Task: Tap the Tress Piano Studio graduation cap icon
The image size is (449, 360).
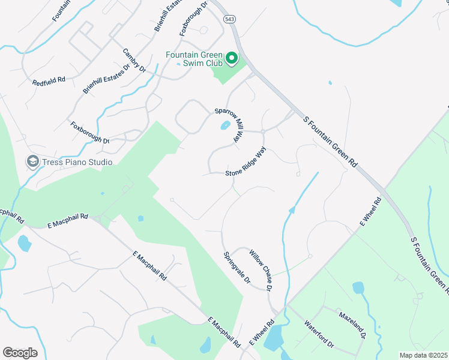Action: pyautogui.click(x=32, y=161)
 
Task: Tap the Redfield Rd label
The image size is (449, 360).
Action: pyautogui.click(x=49, y=80)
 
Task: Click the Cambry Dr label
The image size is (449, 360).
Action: pyautogui.click(x=134, y=61)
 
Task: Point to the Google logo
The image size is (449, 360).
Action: pyautogui.click(x=20, y=353)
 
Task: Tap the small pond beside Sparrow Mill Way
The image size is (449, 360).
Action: pyautogui.click(x=224, y=125)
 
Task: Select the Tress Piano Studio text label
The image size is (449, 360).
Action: pyautogui.click(x=77, y=162)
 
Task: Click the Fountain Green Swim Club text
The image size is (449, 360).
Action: pyautogui.click(x=194, y=58)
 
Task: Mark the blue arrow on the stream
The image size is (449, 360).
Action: pyautogui.click(x=292, y=210)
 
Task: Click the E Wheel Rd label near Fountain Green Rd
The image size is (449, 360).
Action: pyautogui.click(x=371, y=212)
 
